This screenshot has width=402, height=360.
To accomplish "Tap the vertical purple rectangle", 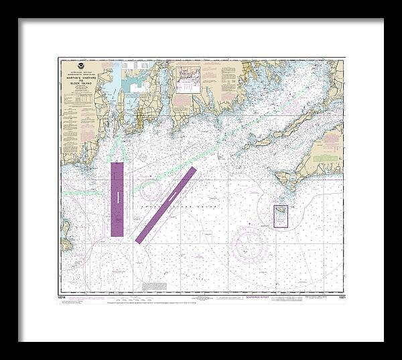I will [x=117, y=199].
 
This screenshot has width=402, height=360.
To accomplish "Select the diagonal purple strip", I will [x=165, y=204].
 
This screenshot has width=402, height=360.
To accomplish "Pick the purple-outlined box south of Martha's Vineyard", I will [x=281, y=216].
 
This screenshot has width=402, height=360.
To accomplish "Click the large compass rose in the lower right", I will [x=249, y=244].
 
